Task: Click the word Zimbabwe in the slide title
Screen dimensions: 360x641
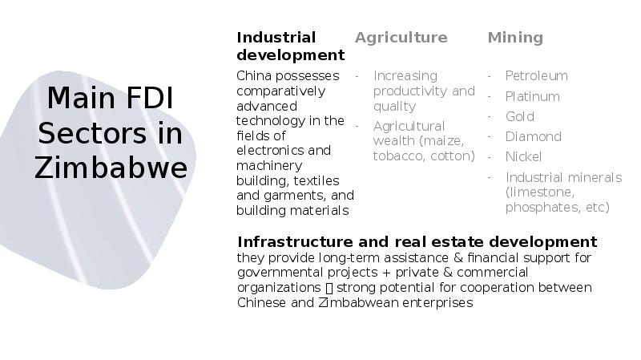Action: [111, 168]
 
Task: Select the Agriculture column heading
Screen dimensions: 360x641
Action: [401, 38]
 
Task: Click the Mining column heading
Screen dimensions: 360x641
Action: [515, 38]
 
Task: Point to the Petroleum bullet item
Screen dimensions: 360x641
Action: [536, 76]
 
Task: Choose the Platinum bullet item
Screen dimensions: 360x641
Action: [532, 97]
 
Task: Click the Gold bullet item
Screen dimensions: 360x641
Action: [519, 117]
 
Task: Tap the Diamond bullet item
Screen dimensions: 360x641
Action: [533, 137]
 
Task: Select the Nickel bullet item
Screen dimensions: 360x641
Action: [523, 157]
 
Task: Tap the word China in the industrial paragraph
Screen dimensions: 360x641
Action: [254, 76]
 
